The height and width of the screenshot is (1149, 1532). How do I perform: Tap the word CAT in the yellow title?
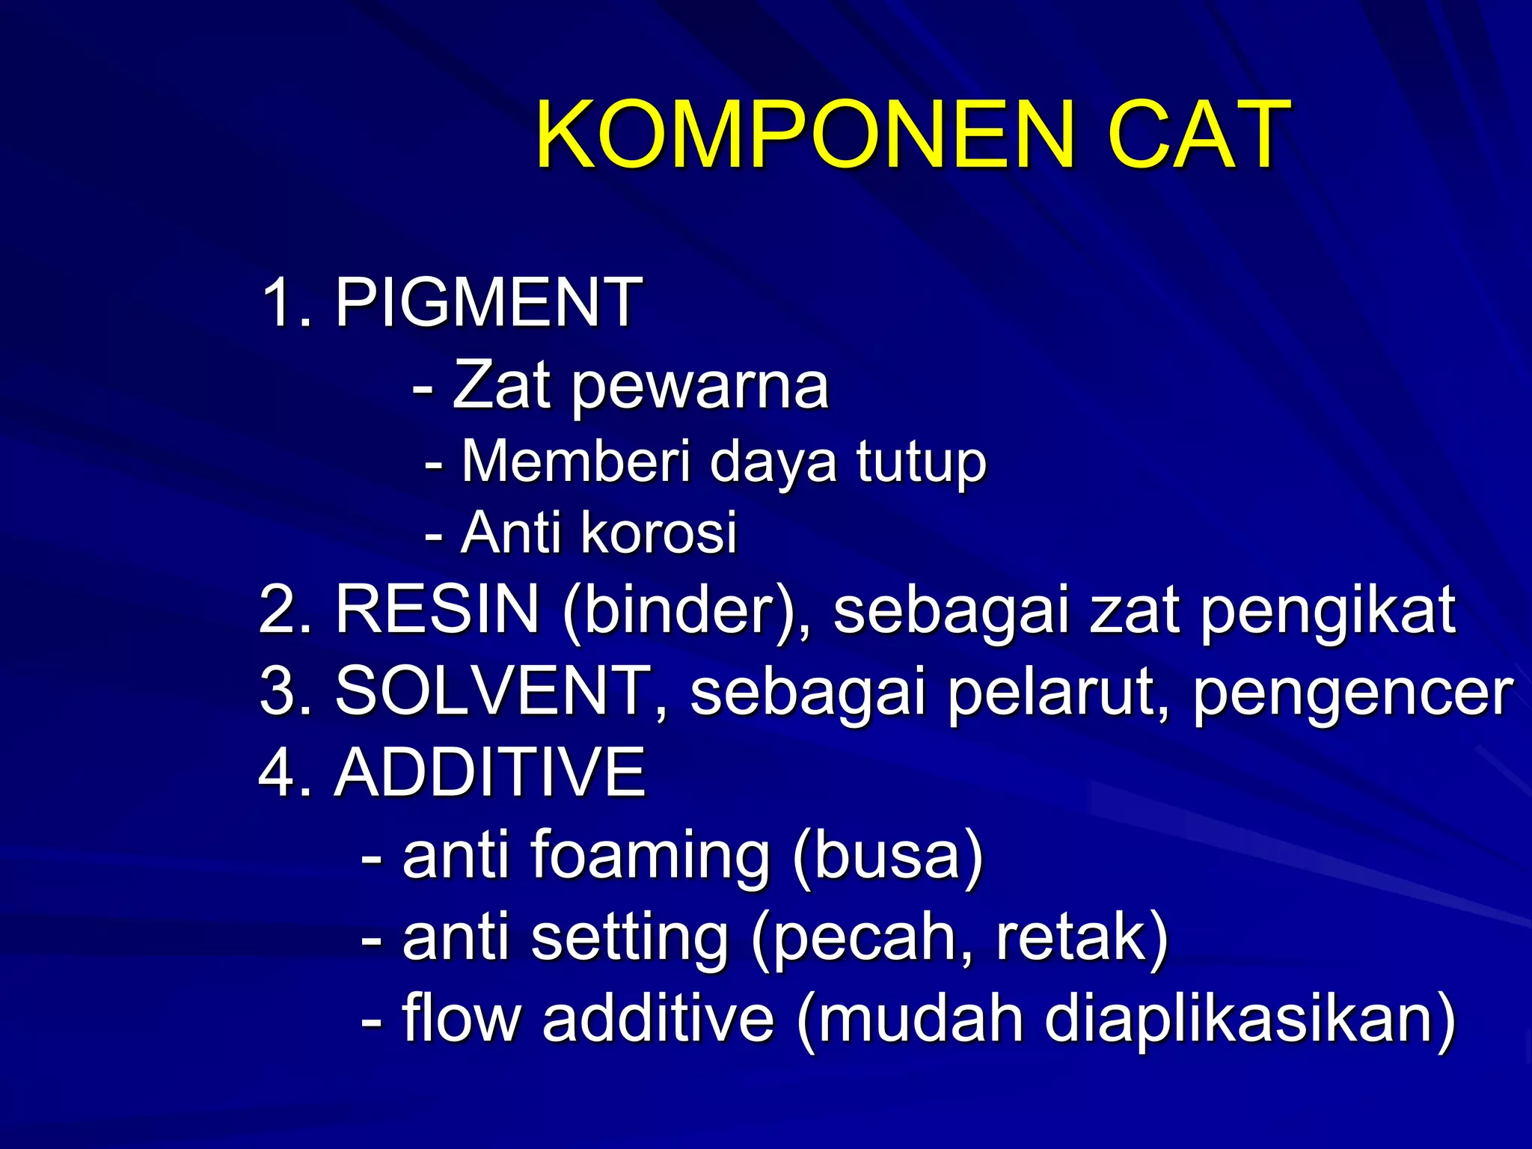click(1200, 136)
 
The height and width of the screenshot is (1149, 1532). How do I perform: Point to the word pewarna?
click(700, 388)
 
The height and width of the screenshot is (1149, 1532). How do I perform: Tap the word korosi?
click(659, 533)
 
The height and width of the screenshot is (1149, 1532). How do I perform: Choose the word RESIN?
click(437, 609)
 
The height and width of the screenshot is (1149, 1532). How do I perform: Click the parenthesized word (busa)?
click(888, 856)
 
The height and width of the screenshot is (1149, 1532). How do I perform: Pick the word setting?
click(630, 940)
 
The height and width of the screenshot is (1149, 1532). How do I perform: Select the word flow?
click(461, 1018)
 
